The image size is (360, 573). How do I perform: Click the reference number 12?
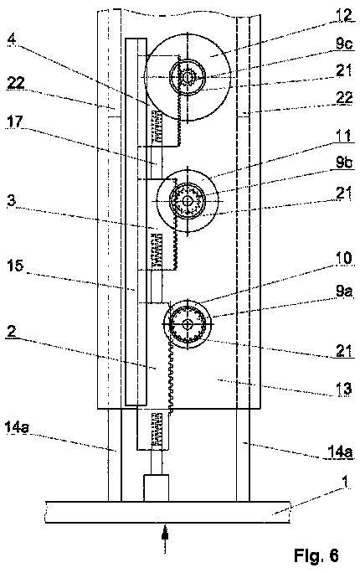(x=344, y=15)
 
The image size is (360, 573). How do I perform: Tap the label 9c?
(x=344, y=44)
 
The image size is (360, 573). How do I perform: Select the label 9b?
(x=343, y=163)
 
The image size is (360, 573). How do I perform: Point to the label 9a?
(x=344, y=292)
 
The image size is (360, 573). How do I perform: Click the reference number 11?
(x=343, y=137)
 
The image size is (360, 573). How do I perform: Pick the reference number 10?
(x=343, y=258)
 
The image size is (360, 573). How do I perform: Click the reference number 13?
(x=343, y=388)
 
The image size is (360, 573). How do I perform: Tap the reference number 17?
(x=14, y=121)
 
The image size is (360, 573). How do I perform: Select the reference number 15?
(x=14, y=266)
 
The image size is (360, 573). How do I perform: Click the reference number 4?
(x=12, y=39)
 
